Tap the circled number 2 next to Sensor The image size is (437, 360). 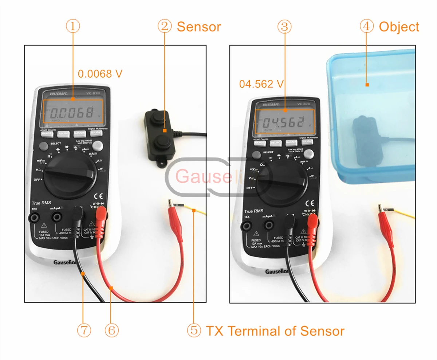point(165,27)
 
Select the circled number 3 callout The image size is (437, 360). point(285,26)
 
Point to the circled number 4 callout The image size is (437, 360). point(367,27)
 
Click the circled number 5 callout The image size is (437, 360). point(194,330)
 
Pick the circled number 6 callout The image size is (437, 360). point(111,330)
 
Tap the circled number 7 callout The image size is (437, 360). point(83,330)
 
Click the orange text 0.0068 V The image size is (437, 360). point(100,74)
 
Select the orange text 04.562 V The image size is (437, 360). point(261,84)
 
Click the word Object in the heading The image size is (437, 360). point(399,27)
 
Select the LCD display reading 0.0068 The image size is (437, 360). point(73,111)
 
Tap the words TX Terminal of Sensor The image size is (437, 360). point(275,331)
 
